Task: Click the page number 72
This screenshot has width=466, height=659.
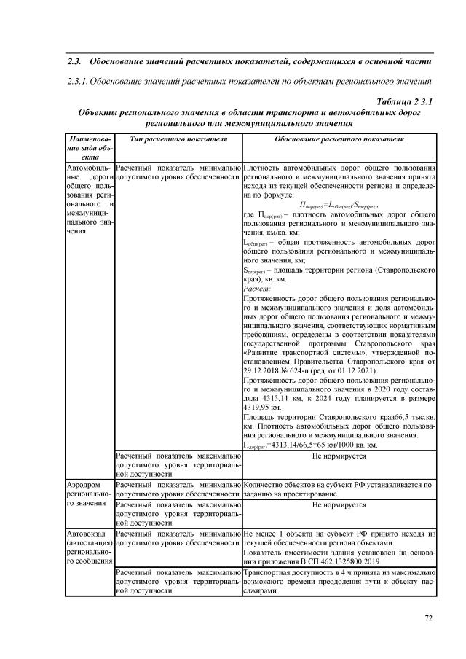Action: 429,619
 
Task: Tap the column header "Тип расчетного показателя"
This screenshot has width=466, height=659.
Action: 174,138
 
